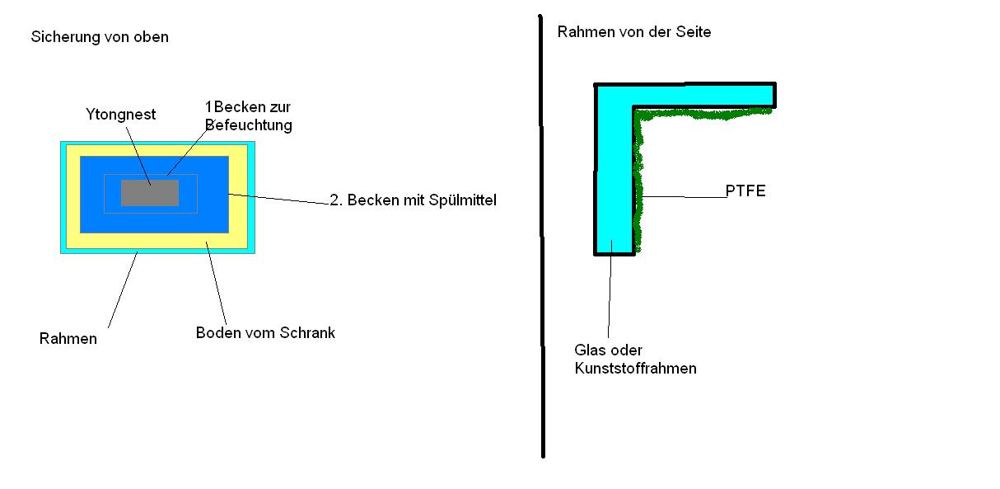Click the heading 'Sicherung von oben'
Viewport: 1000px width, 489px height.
tap(100, 37)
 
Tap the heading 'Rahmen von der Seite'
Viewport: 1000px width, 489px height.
tap(633, 32)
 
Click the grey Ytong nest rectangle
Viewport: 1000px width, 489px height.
tap(150, 193)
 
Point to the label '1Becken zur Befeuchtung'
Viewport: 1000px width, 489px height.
tap(248, 116)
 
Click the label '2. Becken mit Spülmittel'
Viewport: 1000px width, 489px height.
tap(413, 200)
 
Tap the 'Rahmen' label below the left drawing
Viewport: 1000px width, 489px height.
tap(68, 339)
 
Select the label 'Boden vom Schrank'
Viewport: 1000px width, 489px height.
tap(265, 333)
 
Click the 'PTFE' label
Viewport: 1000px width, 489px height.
tap(745, 191)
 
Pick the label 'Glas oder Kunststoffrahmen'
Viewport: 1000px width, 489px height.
tap(634, 360)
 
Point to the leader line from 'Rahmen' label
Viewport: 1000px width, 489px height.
tap(123, 288)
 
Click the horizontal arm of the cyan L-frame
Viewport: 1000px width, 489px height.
tap(700, 95)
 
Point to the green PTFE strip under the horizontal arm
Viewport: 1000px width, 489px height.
tap(700, 113)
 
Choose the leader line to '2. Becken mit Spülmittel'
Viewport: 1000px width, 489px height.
tap(280, 199)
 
